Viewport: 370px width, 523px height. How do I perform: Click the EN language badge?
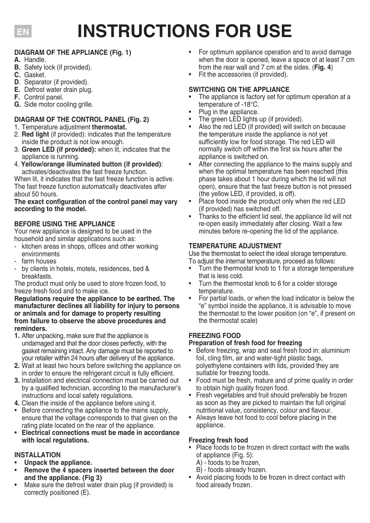[x=23, y=32]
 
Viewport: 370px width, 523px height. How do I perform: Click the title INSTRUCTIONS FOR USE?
[x=185, y=31]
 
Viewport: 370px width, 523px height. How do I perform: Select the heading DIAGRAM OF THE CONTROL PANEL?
[x=81, y=120]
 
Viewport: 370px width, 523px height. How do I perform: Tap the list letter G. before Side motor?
[x=17, y=105]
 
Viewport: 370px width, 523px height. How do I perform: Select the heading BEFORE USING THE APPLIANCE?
[x=65, y=224]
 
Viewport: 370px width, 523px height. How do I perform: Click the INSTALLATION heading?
[x=38, y=455]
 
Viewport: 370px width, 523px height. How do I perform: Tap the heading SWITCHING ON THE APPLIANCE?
[x=239, y=90]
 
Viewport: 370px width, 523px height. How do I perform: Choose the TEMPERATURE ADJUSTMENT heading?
[x=235, y=246]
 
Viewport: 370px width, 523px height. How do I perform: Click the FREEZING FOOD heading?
[x=215, y=336]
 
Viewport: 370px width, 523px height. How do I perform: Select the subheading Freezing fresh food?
[x=218, y=440]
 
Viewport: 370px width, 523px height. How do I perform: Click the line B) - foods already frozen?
[x=231, y=470]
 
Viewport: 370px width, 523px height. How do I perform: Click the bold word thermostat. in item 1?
[x=109, y=127]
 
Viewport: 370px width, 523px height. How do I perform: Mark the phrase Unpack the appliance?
[x=58, y=463]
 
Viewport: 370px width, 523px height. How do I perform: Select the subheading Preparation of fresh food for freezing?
[x=245, y=343]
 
